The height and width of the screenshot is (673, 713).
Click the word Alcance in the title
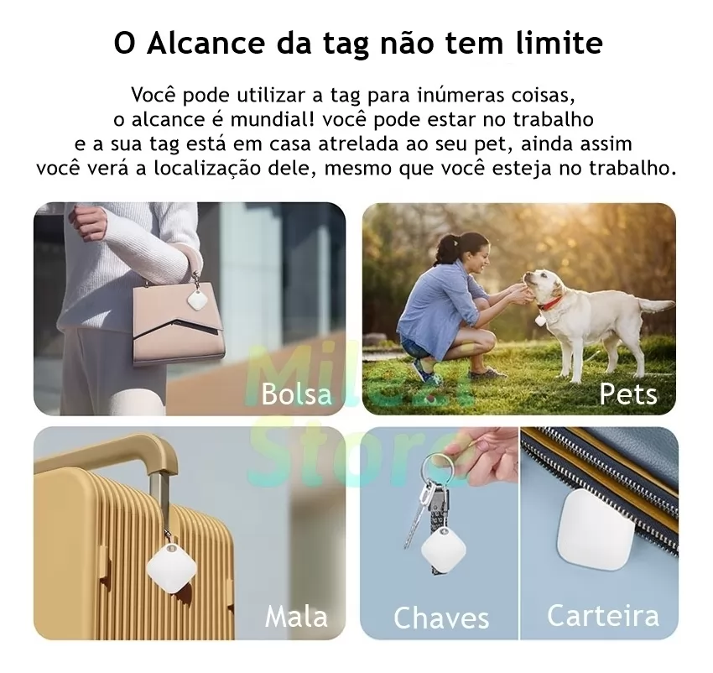tap(206, 44)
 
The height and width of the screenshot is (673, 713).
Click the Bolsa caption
tap(296, 394)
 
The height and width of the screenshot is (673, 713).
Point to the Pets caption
tap(628, 394)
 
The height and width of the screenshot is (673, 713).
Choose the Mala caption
tap(296, 617)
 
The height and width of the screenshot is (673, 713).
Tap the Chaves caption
tap(441, 618)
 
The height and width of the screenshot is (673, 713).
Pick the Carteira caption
tap(603, 616)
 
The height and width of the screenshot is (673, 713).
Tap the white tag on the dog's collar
tap(540, 321)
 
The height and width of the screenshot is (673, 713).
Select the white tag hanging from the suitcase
tap(171, 567)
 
